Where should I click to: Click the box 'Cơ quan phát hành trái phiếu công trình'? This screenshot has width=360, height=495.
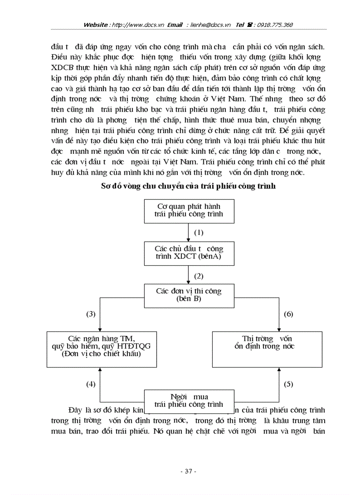[188, 210]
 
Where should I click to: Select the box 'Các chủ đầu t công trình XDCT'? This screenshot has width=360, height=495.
[188, 253]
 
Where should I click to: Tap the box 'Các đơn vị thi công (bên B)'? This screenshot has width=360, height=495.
[188, 295]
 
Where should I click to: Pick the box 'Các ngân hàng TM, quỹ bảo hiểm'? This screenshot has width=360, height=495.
[101, 346]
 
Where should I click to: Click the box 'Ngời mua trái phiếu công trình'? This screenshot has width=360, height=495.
[188, 400]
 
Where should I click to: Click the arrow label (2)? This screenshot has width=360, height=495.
[199, 276]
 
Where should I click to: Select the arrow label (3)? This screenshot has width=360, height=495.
[90, 314]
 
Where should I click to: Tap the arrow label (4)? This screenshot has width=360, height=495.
[90, 384]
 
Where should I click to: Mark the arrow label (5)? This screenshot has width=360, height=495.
[289, 384]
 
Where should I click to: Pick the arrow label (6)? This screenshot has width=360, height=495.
[289, 314]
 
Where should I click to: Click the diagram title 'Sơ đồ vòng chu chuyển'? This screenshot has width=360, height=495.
[188, 186]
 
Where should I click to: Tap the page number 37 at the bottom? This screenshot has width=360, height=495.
[188, 471]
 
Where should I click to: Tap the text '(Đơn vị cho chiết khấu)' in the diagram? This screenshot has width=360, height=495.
[101, 354]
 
